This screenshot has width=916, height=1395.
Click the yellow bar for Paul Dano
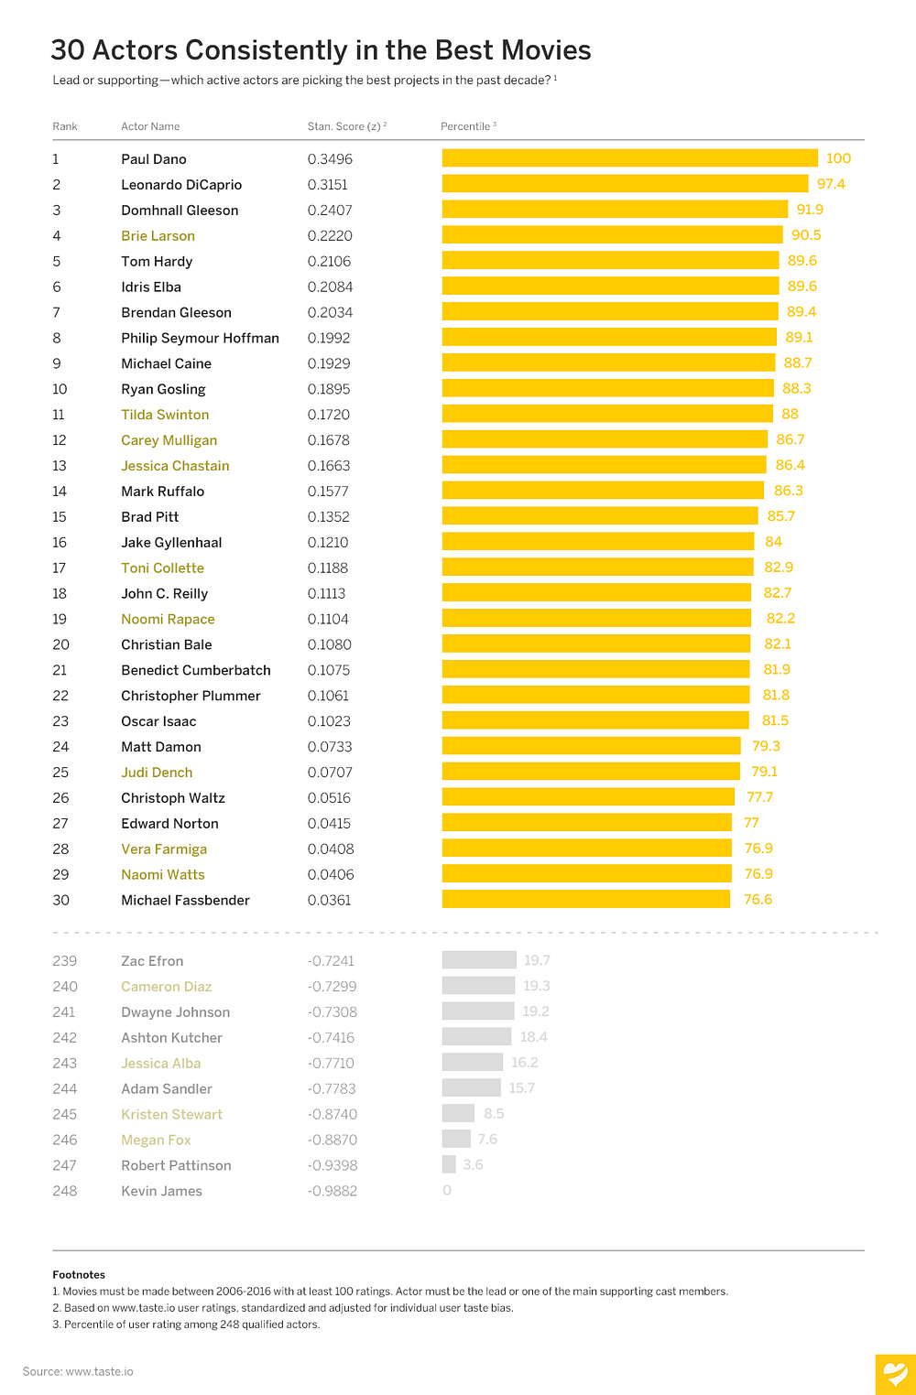[630, 158]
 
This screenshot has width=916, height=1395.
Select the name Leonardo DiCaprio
[181, 185]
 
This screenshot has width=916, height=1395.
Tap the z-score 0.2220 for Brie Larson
[330, 236]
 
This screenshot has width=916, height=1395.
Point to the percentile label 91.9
[810, 210]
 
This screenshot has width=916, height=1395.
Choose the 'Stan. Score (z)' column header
[347, 126]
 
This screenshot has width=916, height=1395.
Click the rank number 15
[60, 517]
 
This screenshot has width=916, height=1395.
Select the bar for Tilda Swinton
[607, 414]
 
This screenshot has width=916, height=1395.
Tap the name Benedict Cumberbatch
[196, 670]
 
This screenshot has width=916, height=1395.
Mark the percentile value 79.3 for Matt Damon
[766, 746]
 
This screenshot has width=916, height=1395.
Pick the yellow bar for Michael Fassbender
[585, 899]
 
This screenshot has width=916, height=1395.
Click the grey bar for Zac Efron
[479, 959]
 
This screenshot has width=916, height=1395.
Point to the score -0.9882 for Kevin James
[333, 1192]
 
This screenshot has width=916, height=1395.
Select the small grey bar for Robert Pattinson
[449, 1164]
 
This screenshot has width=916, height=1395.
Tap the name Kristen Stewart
[171, 1115]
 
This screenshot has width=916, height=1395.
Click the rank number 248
[65, 1192]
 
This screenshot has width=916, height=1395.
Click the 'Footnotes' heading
[79, 1275]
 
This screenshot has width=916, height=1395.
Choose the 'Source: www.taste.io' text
[78, 1371]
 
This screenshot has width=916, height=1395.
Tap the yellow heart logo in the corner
[896, 1375]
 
